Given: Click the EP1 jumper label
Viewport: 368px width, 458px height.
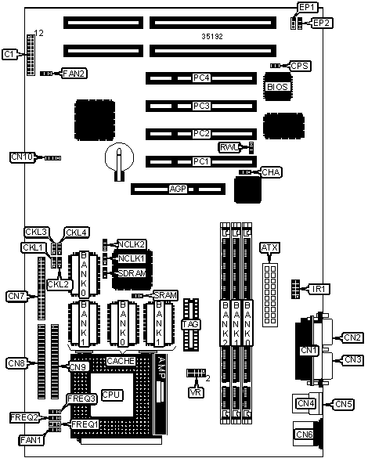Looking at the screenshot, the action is click(307, 7).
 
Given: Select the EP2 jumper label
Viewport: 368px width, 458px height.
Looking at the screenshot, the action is click(322, 23).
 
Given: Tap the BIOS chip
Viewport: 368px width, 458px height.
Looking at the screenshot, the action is click(277, 86).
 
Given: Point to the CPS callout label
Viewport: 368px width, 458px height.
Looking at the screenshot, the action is click(300, 66).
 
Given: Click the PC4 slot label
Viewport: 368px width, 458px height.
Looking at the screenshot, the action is click(201, 78).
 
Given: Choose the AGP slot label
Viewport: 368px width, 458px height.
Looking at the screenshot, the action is click(178, 189).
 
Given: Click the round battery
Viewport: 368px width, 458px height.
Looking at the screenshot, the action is click(119, 157).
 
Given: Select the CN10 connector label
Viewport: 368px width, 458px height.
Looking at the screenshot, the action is click(22, 157).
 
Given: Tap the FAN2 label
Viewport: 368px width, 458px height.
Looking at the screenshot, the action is click(74, 74).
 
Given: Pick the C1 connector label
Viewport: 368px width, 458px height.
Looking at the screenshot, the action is click(9, 54).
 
